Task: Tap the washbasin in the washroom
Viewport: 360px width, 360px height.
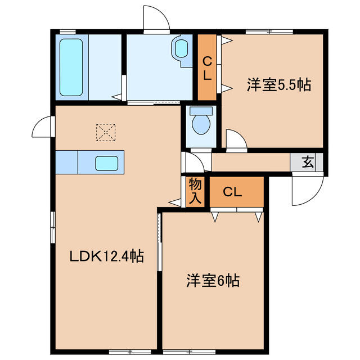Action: pyautogui.click(x=182, y=48)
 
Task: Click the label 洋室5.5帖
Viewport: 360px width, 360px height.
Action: pyautogui.click(x=278, y=85)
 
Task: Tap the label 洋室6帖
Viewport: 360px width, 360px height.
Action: pyautogui.click(x=213, y=281)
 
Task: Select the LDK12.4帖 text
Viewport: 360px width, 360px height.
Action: pyautogui.click(x=106, y=257)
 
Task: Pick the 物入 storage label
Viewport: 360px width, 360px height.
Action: pyautogui.click(x=195, y=191)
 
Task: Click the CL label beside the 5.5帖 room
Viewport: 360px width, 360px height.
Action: pyautogui.click(x=206, y=67)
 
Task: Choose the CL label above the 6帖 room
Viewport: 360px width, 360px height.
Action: pyautogui.click(x=232, y=192)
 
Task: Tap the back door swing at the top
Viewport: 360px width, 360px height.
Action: pyautogui.click(x=156, y=18)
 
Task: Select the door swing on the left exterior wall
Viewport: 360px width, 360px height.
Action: pyautogui.click(x=43, y=127)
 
